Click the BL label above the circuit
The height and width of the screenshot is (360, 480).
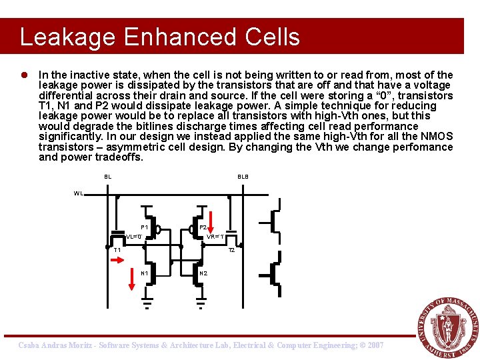pyautogui.click(x=107, y=177)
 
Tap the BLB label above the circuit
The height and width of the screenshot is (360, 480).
pyautogui.click(x=243, y=177)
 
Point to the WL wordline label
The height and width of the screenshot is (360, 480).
pyautogui.click(x=79, y=194)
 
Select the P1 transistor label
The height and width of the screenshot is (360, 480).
pyautogui.click(x=144, y=227)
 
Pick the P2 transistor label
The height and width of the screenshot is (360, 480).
pyautogui.click(x=203, y=227)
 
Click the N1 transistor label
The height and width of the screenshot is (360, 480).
pyautogui.click(x=144, y=273)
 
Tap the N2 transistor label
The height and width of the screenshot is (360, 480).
pyautogui.click(x=203, y=273)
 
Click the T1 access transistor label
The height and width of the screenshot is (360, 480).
pyautogui.click(x=117, y=251)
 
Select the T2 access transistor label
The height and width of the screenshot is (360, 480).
pyautogui.click(x=231, y=251)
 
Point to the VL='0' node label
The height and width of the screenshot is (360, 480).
pyautogui.click(x=133, y=237)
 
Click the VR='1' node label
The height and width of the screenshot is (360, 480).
pyautogui.click(x=215, y=237)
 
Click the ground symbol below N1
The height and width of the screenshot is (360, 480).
pyautogui.click(x=147, y=303)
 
